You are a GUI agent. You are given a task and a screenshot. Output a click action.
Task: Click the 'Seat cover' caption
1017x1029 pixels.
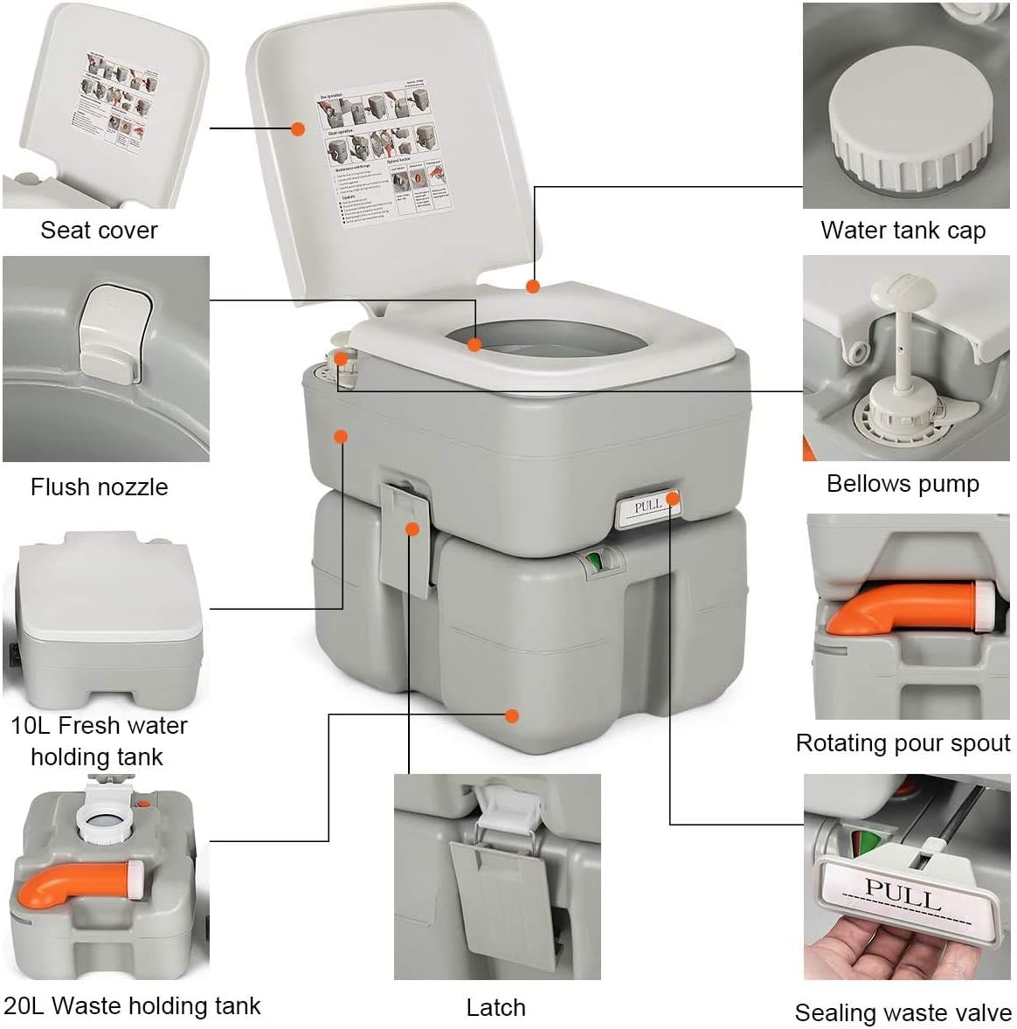(x=99, y=231)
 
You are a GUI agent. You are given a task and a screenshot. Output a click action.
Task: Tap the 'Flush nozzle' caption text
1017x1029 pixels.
(x=99, y=487)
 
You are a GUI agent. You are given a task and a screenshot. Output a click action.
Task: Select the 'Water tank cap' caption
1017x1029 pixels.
(x=903, y=231)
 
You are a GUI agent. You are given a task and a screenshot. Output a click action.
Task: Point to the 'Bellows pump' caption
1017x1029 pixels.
(x=903, y=484)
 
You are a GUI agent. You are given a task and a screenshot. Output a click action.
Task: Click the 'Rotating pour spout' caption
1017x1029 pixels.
(x=903, y=743)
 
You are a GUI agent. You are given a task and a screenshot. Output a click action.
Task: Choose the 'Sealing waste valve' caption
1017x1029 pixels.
(x=903, y=1013)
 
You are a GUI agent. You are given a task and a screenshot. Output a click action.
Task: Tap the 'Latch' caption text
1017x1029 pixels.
(x=495, y=1008)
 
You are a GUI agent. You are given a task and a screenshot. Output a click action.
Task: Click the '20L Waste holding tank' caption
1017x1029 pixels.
(x=132, y=1006)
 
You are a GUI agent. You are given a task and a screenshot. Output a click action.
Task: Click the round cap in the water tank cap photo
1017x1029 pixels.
(x=911, y=122)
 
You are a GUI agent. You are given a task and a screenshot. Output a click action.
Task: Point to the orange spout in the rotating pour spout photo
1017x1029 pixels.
(x=900, y=607)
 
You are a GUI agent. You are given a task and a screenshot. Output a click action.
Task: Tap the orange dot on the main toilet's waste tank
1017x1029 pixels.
(x=513, y=716)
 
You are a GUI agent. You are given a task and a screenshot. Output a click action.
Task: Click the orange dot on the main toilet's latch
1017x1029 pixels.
(x=412, y=528)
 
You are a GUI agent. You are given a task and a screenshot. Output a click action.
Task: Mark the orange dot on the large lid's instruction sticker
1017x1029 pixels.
(x=298, y=128)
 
